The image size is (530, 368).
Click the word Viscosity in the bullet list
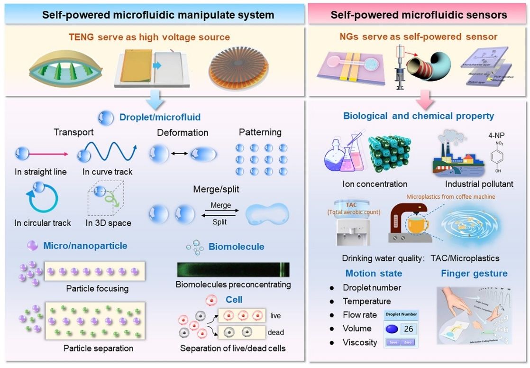[x=360, y=342]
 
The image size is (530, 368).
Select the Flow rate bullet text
[x=360, y=314]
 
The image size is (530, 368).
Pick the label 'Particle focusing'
[x=98, y=288]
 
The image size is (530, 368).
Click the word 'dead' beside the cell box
[x=275, y=332]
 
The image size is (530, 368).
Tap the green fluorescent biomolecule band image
[x=233, y=269]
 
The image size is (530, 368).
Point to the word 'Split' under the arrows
[x=219, y=221]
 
